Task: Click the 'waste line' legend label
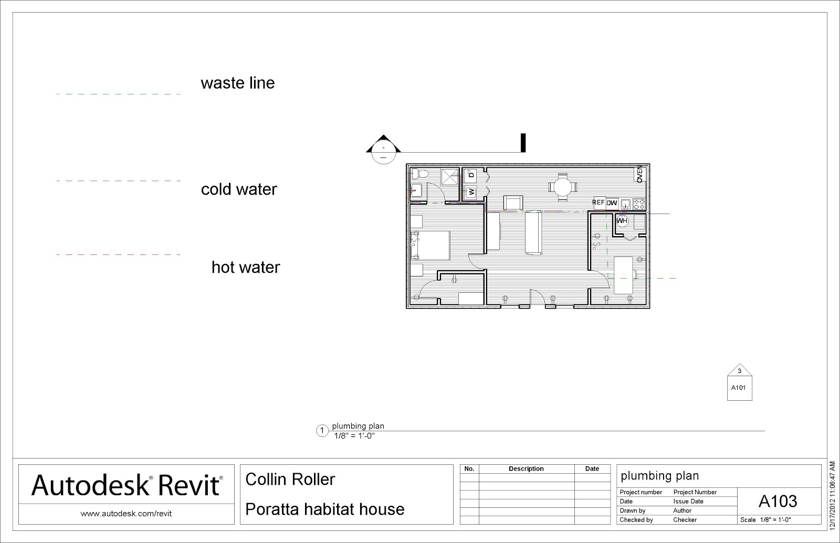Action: point(238,83)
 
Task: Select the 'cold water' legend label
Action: point(239,189)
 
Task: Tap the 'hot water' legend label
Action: point(246,267)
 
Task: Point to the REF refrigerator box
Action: point(599,203)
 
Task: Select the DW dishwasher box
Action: point(612,203)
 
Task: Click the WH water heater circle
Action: point(622,221)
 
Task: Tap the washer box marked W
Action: point(471,192)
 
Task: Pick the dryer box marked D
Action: point(470,175)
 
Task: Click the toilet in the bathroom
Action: point(419,174)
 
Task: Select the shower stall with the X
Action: point(449,177)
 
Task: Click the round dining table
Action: point(562,187)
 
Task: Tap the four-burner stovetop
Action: point(639,204)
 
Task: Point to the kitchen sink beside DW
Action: point(625,204)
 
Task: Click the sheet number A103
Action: point(778,501)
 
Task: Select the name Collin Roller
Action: point(290,480)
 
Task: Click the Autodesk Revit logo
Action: point(127,485)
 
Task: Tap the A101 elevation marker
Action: point(740,382)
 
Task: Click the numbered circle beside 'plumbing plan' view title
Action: point(322,431)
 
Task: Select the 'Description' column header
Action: point(526,469)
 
